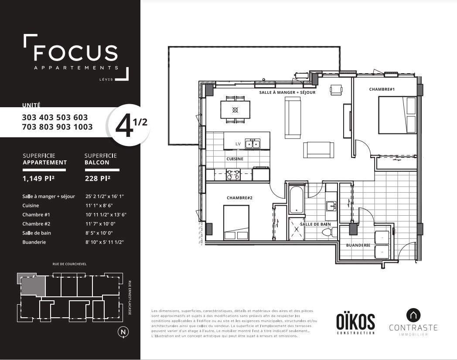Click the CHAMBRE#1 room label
[x=382, y=89]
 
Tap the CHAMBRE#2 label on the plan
[x=239, y=198]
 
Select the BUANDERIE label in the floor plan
[x=358, y=245]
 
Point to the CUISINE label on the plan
[x=235, y=159]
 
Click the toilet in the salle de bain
[x=330, y=232]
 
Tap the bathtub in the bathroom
[x=297, y=200]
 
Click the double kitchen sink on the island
[x=252, y=143]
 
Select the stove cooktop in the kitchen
[x=233, y=175]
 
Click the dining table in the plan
[x=235, y=109]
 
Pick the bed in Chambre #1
[x=397, y=115]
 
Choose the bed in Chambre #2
[x=236, y=223]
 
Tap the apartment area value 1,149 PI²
[x=38, y=178]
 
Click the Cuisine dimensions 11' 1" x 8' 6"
[x=99, y=205]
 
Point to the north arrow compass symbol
[x=123, y=332]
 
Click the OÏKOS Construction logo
[x=355, y=323]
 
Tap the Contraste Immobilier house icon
[x=413, y=316]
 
